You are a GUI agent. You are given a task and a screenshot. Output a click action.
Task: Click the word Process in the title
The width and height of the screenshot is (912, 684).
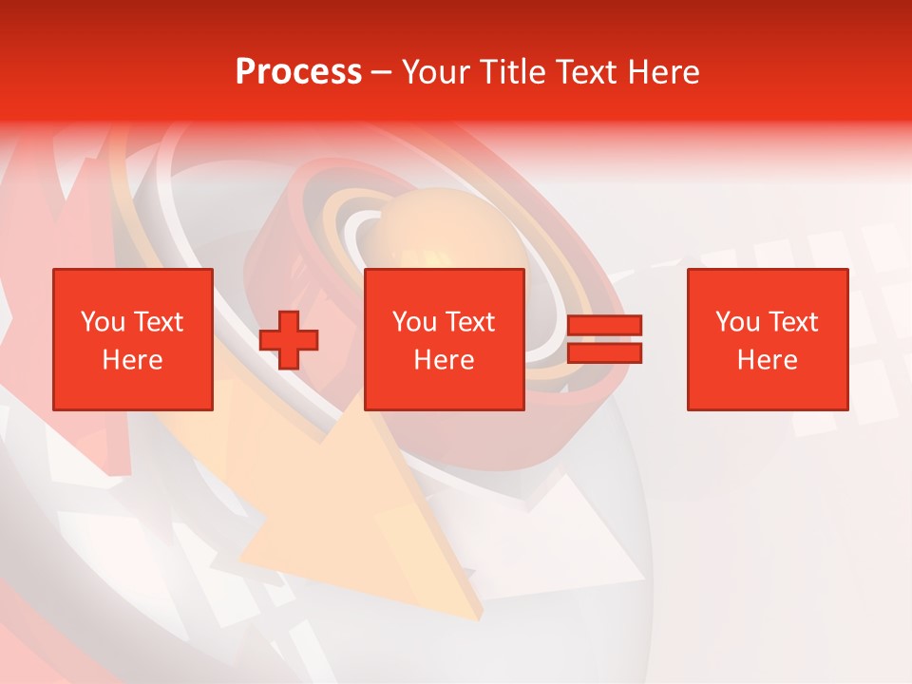(x=298, y=72)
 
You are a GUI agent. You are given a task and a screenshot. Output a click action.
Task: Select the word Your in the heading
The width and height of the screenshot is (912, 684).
(x=434, y=72)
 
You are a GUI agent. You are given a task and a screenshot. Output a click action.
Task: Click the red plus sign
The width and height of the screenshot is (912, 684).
(x=289, y=339)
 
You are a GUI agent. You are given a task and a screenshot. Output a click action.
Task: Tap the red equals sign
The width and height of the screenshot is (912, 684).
(x=604, y=339)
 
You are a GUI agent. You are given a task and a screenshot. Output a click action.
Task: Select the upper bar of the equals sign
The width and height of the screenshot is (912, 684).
(x=604, y=326)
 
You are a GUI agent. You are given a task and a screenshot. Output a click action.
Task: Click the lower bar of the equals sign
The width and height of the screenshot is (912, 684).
(x=604, y=352)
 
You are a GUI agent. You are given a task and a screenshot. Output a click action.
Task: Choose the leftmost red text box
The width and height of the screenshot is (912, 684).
(x=133, y=339)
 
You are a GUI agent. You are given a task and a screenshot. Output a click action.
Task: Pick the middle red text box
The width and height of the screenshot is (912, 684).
(x=444, y=339)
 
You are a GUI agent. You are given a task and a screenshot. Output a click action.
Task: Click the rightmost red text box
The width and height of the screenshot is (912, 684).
(x=767, y=339)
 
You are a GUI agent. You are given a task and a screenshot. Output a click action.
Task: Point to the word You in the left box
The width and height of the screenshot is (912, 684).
(x=102, y=322)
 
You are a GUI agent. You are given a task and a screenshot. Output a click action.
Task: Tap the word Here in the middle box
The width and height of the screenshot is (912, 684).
(x=444, y=360)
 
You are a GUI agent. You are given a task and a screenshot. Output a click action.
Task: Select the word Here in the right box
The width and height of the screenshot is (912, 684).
(x=767, y=360)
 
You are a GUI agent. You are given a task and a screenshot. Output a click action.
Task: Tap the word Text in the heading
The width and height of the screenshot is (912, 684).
(x=580, y=72)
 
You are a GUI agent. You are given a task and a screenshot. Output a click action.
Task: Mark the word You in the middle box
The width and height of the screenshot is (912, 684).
(x=413, y=322)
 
